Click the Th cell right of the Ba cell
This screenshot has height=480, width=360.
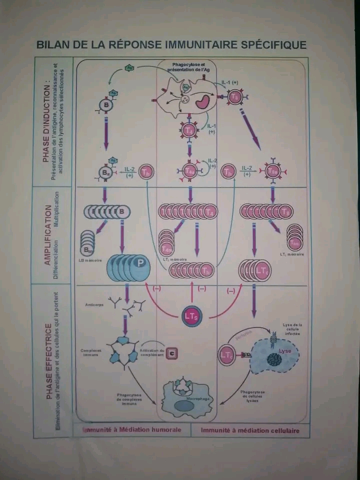pyautogui.click(x=146, y=172)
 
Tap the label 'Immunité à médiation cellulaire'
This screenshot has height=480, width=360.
pyautogui.click(x=249, y=430)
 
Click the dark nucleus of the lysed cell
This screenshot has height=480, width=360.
pyautogui.click(x=274, y=360)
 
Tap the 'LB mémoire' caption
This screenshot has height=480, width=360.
pyautogui.click(x=90, y=260)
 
